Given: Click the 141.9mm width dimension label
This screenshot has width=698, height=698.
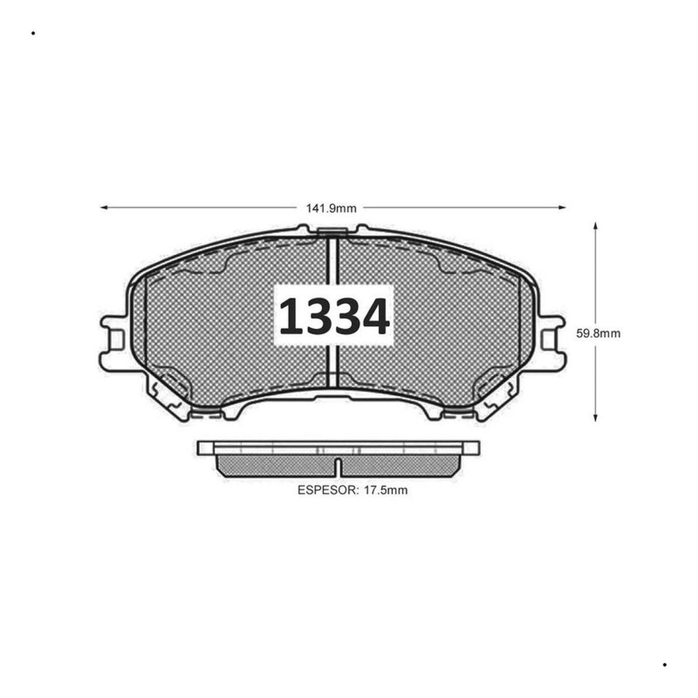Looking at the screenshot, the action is tap(331, 209).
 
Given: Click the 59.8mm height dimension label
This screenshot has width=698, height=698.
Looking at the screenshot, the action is tap(598, 333).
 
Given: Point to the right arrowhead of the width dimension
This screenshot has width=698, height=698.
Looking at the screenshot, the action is tap(561, 208).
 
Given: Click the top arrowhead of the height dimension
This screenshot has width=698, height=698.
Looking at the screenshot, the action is tap(595, 227).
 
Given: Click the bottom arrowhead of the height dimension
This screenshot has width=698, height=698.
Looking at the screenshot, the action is tap(595, 417).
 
